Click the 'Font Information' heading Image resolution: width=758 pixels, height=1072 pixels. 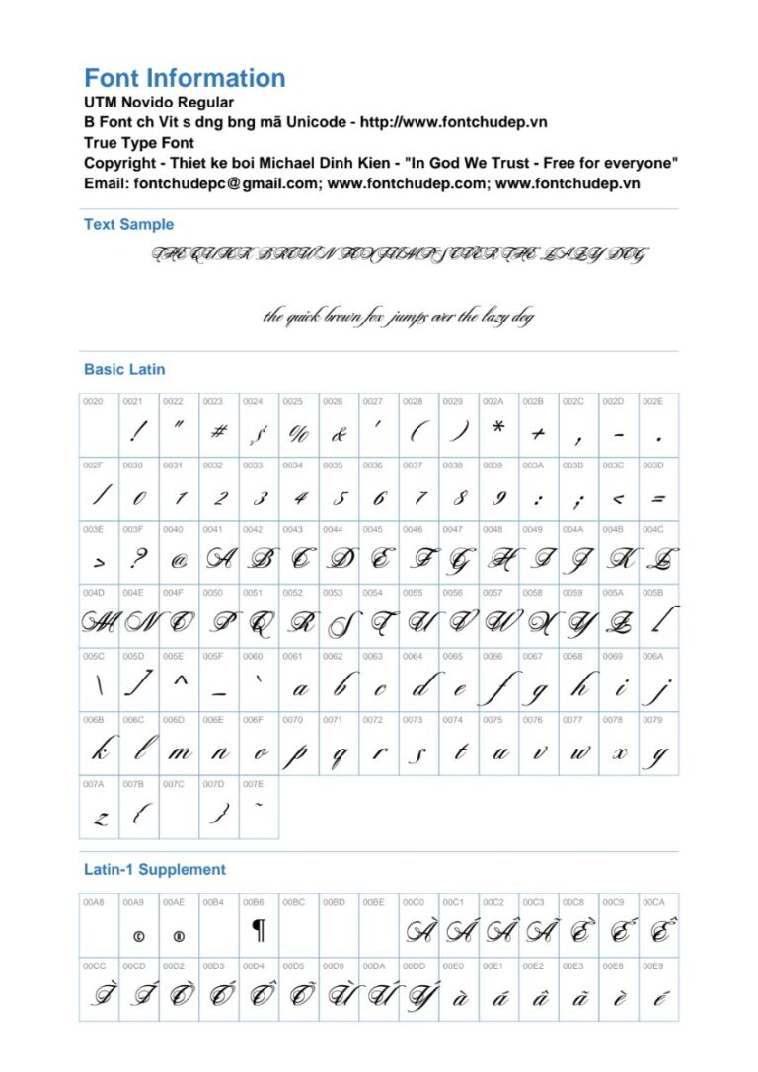185,79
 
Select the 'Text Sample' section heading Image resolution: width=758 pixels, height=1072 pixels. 128,225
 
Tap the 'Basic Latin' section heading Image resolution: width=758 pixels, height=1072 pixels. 124,370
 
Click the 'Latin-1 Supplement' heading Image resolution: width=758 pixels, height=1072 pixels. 155,870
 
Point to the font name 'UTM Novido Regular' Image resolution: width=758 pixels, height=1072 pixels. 159,103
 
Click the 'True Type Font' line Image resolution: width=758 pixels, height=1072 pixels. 139,143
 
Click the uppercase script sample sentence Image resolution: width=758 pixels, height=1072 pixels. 399,255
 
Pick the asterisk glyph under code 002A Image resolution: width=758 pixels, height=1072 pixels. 498,427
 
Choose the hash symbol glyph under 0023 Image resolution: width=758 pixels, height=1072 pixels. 219,431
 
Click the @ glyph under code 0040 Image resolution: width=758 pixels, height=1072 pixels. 179,561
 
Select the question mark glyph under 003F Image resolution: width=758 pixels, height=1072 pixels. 138,559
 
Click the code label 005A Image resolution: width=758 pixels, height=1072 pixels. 613,594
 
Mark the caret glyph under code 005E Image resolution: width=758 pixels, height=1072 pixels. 180,680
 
